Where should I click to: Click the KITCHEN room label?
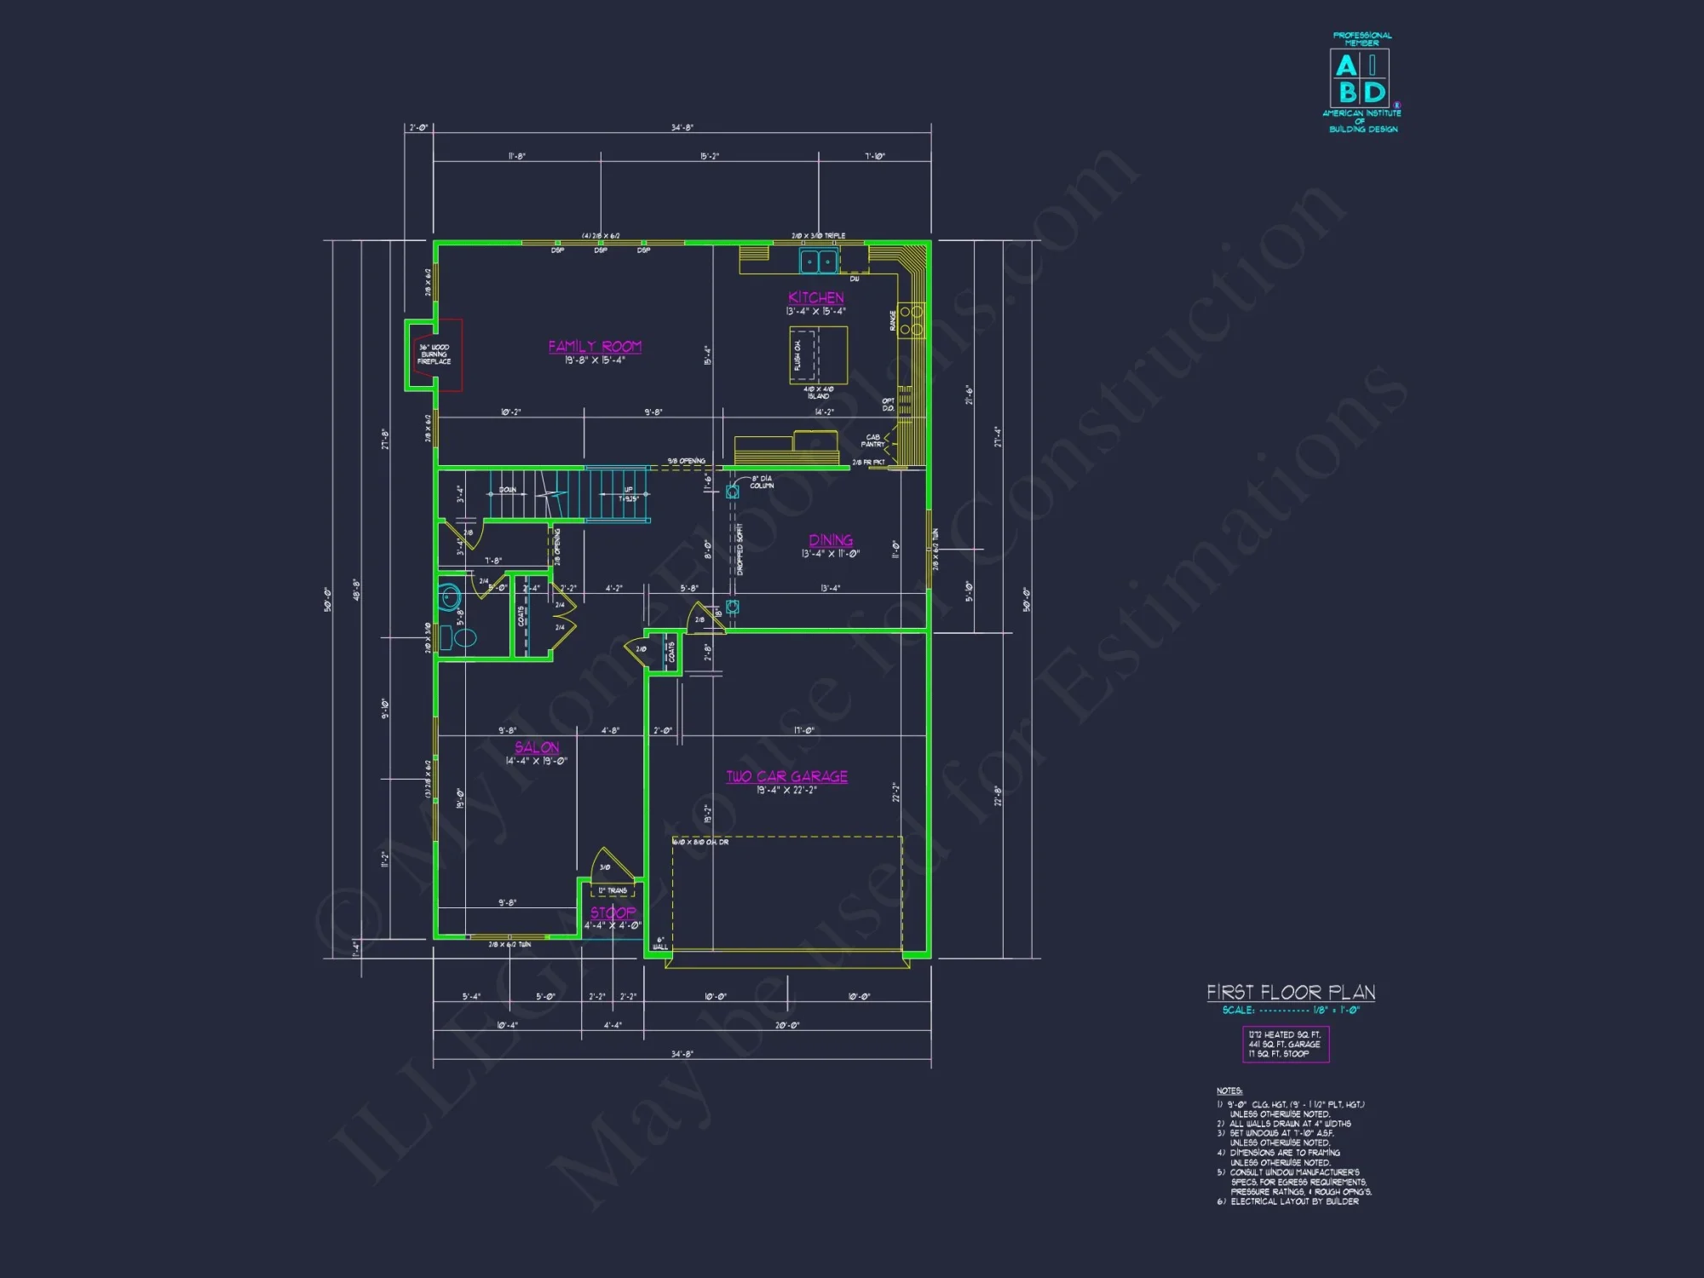pos(815,297)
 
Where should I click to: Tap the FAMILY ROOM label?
pos(595,347)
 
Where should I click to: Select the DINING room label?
pos(831,540)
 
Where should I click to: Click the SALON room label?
pos(537,747)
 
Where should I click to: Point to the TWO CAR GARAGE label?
pos(786,776)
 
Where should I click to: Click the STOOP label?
pos(613,912)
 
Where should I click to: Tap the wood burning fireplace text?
pos(434,354)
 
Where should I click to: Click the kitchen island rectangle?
pos(818,355)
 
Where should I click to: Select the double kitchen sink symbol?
pos(819,262)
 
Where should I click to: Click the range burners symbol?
pos(911,320)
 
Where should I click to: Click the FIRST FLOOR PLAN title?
pos(1290,993)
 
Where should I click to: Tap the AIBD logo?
pos(1360,78)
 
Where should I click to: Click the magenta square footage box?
pos(1285,1044)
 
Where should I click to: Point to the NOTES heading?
pos(1229,1091)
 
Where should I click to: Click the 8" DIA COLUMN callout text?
pos(762,482)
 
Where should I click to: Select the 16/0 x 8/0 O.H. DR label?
pos(701,842)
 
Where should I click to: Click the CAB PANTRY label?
pos(872,440)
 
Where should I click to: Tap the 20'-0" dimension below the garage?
pos(786,1025)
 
